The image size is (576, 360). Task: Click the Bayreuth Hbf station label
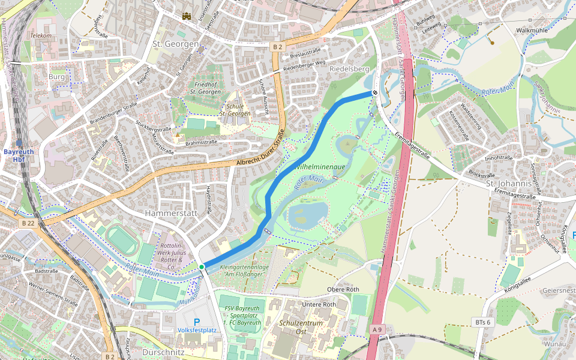tap(19, 155)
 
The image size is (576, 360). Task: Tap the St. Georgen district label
tap(175, 44)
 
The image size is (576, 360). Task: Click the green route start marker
tap(202, 266)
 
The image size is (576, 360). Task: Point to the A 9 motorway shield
tap(377, 329)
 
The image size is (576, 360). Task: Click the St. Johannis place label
tap(509, 183)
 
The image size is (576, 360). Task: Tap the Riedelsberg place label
tap(349, 69)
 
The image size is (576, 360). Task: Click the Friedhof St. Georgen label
tap(205, 88)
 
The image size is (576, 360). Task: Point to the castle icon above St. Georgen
tap(187, 17)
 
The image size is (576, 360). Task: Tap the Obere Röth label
tap(343, 289)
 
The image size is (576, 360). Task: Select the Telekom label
tap(41, 35)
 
